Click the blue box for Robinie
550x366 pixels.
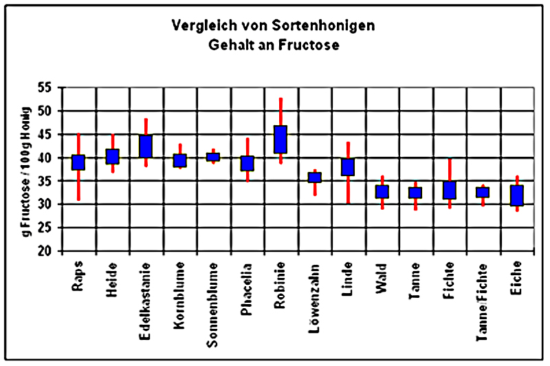(280, 140)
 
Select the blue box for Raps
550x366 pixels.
(78, 162)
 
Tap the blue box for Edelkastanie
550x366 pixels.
(146, 146)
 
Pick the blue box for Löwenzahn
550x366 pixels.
(314, 177)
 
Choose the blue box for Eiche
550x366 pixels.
(516, 195)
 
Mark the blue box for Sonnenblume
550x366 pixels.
(213, 157)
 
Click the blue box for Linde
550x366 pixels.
(348, 167)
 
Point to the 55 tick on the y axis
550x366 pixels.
(49, 87)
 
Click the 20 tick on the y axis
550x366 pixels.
(49, 251)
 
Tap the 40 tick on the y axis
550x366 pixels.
(49, 158)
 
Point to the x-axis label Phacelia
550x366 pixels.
(247, 287)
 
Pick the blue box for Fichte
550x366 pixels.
(449, 190)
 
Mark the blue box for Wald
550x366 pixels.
(382, 192)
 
